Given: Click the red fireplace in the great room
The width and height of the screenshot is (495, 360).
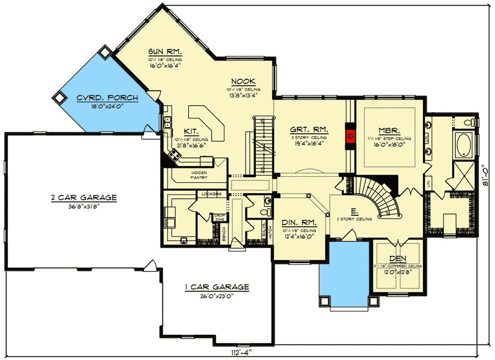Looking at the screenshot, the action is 349,134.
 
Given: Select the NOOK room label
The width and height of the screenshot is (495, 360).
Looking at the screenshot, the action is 241,81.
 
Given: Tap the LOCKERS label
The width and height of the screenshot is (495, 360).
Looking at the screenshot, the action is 212,194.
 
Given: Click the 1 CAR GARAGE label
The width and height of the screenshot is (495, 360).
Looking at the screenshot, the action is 216,287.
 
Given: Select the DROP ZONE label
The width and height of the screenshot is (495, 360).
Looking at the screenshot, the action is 219,217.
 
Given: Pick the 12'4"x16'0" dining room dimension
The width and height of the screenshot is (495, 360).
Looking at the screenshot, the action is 297,236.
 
